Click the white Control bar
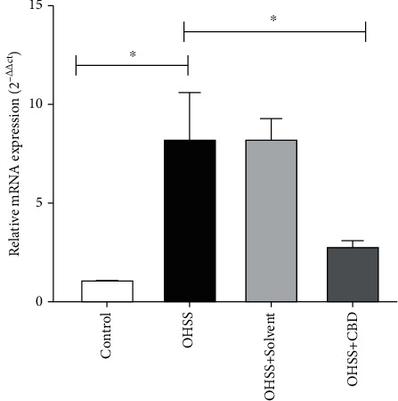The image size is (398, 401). click(107, 291)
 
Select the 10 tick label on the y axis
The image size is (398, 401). click(37, 104)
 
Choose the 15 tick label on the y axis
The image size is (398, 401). click(37, 5)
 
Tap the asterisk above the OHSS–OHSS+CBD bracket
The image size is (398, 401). click(273, 18)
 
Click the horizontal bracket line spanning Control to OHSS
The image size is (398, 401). click(133, 64)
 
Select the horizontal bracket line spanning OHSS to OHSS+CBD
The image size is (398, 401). click(274, 31)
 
